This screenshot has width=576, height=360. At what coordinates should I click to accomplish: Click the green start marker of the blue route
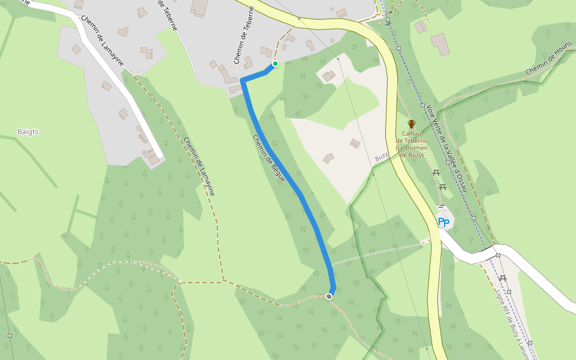275,64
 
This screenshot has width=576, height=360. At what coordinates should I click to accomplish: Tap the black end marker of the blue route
329,296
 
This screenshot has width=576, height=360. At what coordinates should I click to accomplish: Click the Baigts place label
28,131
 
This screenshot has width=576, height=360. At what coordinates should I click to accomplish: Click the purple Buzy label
382,157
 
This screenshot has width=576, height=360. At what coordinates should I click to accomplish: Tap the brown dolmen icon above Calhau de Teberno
411,124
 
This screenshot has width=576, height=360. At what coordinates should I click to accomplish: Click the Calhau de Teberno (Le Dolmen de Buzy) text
412,144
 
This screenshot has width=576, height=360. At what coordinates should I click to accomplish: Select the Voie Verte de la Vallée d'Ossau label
446,148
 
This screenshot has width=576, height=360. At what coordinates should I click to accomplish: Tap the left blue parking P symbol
441,222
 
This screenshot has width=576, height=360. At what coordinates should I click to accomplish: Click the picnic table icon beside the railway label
503,278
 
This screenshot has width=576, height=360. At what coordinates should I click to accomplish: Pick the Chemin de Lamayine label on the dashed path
199,167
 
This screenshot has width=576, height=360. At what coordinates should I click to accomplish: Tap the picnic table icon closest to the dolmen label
436,173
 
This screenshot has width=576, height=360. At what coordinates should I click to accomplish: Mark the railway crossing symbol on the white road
498,256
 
